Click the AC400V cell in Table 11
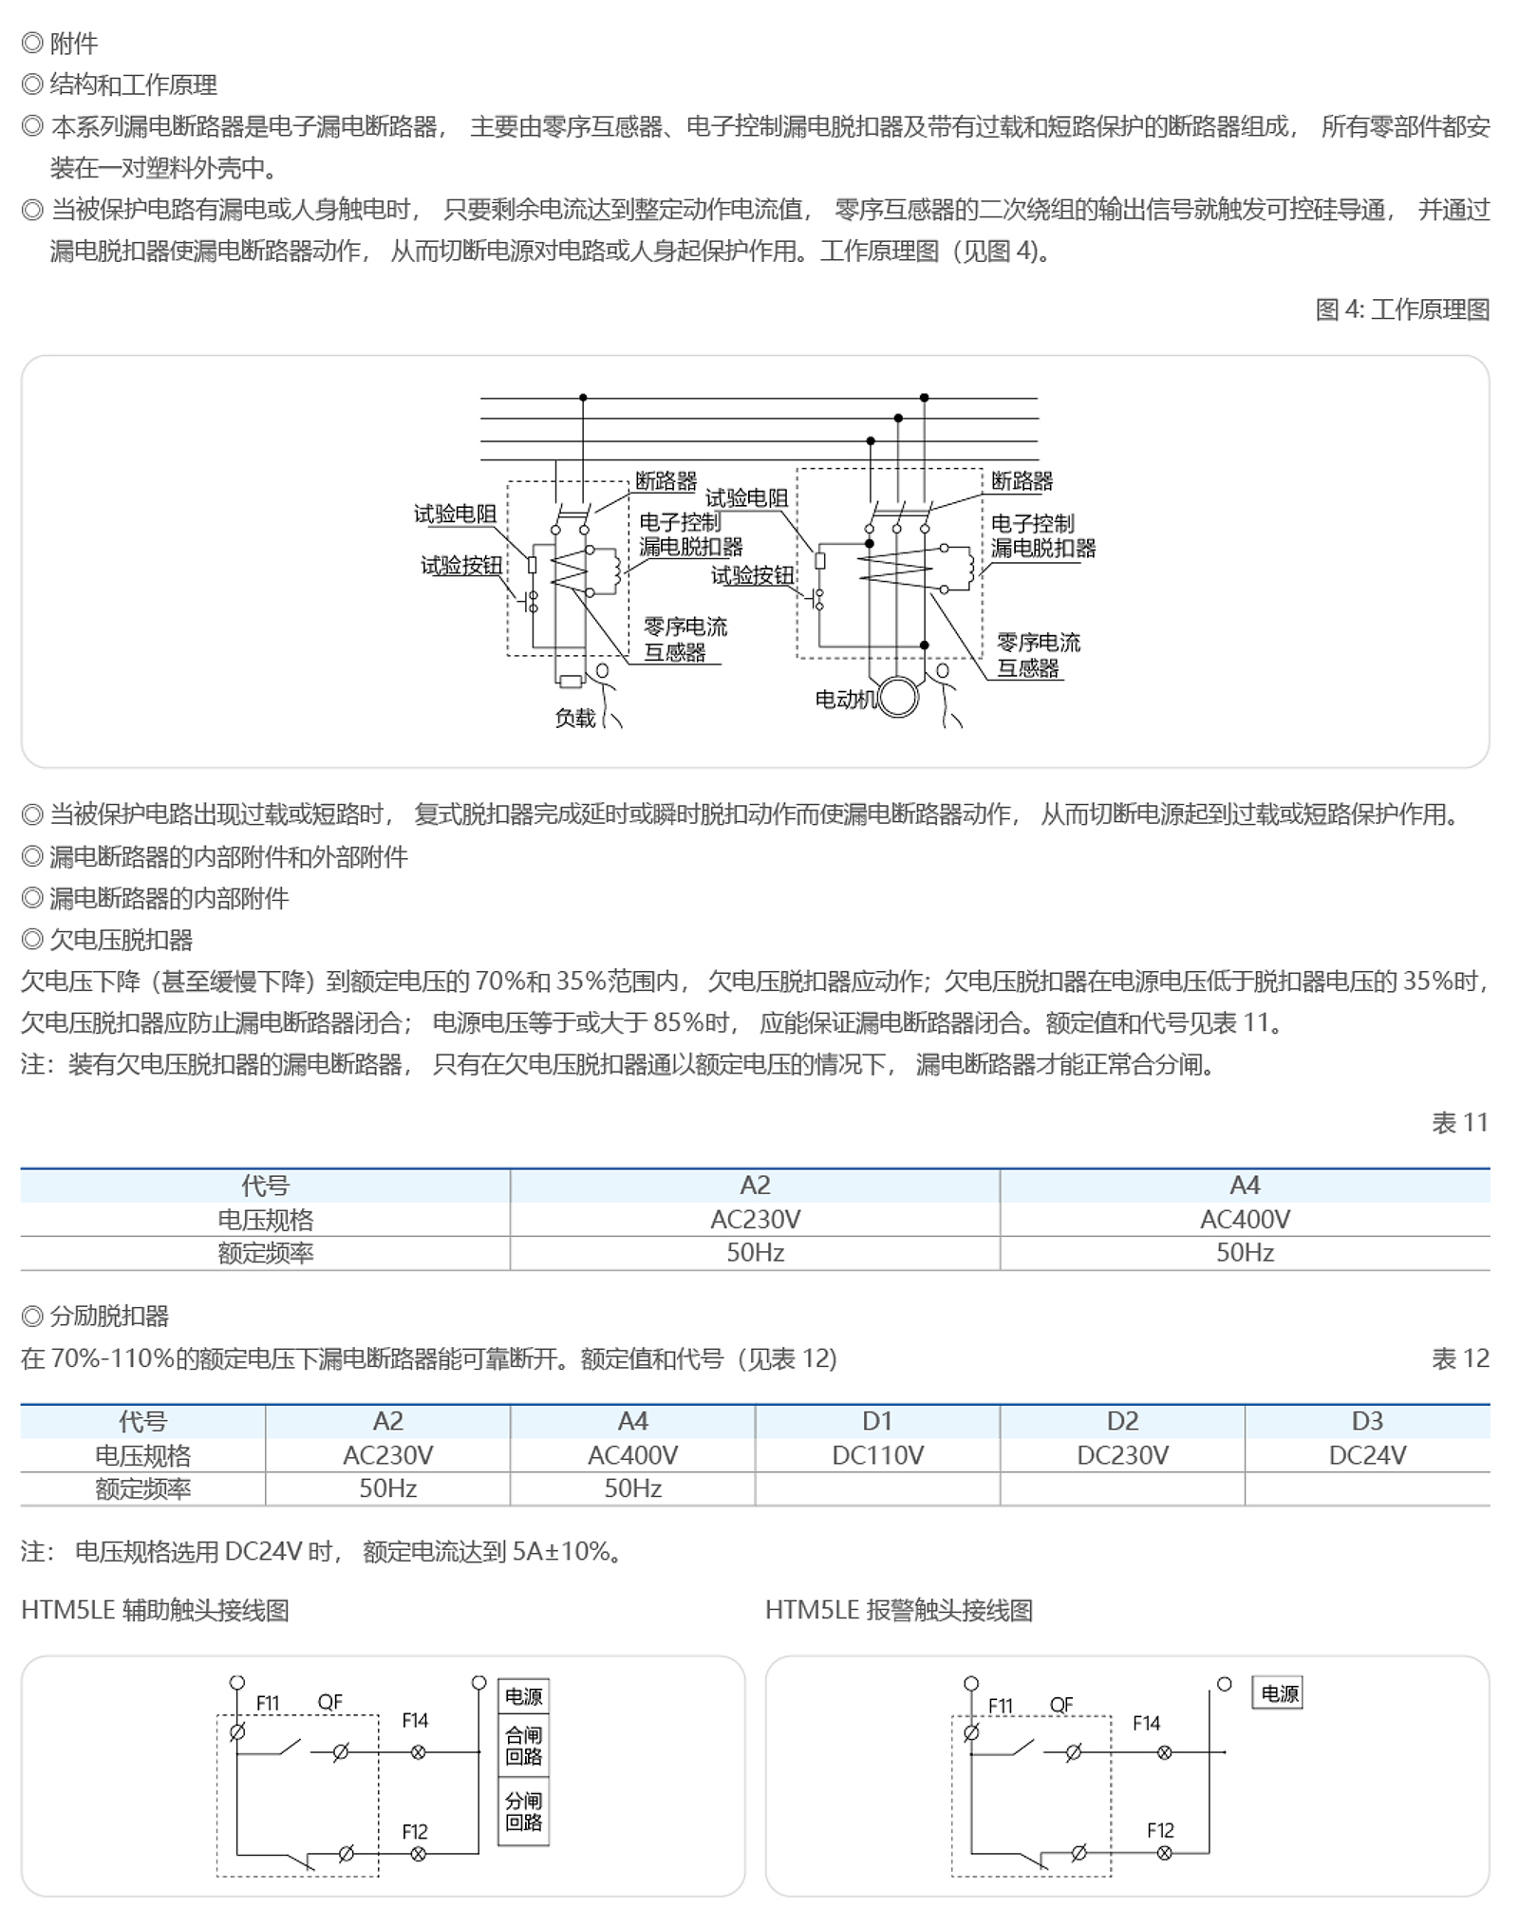tap(1244, 1219)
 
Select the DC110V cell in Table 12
tap(877, 1455)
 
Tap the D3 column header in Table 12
tap(1366, 1421)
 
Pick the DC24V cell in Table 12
tap(1366, 1455)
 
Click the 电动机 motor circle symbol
tap(898, 698)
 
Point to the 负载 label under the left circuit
tap(575, 718)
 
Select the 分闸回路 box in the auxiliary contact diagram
tap(523, 1811)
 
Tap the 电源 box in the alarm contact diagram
tap(1279, 1693)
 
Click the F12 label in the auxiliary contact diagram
tap(415, 1831)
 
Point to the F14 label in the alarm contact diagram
tap(1146, 1723)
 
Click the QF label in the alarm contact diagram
tap(1061, 1705)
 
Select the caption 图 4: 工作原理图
tap(1401, 309)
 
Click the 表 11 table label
tap(1459, 1123)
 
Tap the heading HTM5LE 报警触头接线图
tap(898, 1611)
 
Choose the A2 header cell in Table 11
tap(755, 1185)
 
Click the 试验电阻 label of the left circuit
tap(455, 514)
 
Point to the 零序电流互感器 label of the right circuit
tap(1037, 655)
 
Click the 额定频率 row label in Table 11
tap(265, 1253)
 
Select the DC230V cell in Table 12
tap(1122, 1455)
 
